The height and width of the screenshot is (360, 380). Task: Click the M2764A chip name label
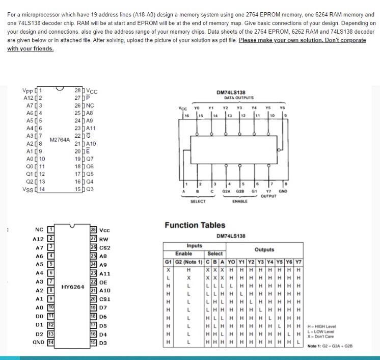(x=60, y=139)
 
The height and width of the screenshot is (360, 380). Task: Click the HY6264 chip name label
(x=72, y=287)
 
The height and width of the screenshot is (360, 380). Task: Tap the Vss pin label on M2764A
(x=28, y=189)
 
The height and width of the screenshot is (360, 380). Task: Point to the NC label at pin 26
(x=90, y=106)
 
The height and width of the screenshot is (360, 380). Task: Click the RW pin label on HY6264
(x=103, y=239)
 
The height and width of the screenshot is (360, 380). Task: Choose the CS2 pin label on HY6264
(x=104, y=247)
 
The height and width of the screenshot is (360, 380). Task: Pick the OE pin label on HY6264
(x=103, y=282)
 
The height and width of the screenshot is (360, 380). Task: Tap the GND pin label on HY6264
(x=38, y=342)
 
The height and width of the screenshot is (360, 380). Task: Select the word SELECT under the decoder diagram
(x=198, y=201)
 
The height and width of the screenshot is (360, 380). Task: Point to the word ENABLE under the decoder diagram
(x=239, y=201)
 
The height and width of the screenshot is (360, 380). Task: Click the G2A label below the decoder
(x=227, y=191)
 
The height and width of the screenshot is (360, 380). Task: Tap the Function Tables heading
(x=195, y=225)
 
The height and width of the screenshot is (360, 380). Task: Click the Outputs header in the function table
(x=264, y=249)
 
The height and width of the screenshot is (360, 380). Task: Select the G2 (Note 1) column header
(x=188, y=262)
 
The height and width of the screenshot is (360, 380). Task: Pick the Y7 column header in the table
(x=298, y=262)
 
